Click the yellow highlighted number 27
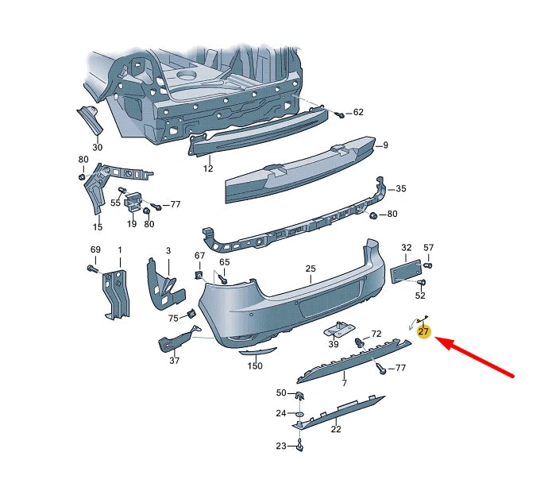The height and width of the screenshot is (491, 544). tap(423, 331)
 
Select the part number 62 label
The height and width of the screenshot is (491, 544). tap(358, 113)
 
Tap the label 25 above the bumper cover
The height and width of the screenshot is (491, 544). tap(311, 269)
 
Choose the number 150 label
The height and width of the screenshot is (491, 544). tap(255, 366)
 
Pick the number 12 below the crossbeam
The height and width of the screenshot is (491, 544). tap(208, 168)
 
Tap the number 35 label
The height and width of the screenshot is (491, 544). tap(401, 189)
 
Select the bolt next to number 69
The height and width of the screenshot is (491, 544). tap(93, 270)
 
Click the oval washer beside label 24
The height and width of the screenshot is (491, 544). tap(300, 414)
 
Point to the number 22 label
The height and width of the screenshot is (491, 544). tap(336, 430)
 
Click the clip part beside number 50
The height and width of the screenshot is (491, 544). tap(300, 395)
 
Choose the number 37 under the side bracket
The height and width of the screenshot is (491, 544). tap(175, 361)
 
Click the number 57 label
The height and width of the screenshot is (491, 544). tap(429, 248)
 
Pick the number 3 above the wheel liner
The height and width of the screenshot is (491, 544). tap(168, 251)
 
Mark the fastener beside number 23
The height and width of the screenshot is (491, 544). tap(299, 446)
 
